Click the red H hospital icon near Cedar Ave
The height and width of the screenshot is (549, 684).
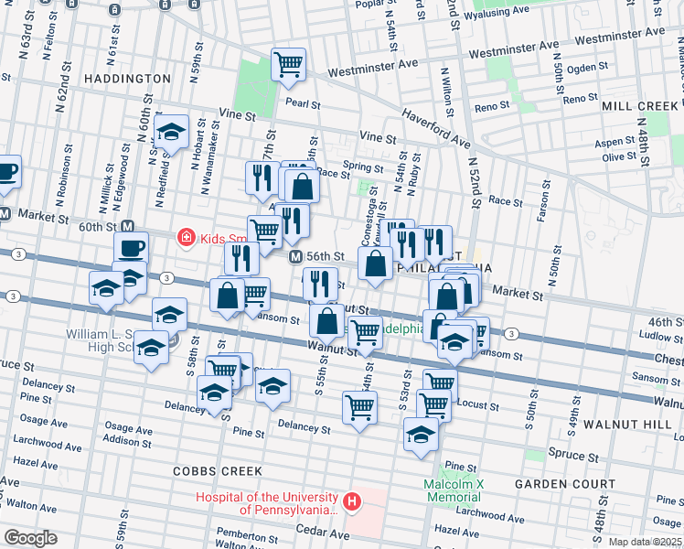click(352, 501)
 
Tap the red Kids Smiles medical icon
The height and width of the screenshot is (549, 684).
click(186, 238)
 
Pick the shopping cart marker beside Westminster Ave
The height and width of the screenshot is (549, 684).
click(289, 62)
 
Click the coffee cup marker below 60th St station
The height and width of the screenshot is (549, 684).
click(131, 247)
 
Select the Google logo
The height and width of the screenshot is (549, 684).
click(29, 538)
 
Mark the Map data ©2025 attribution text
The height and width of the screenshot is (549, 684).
click(645, 542)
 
